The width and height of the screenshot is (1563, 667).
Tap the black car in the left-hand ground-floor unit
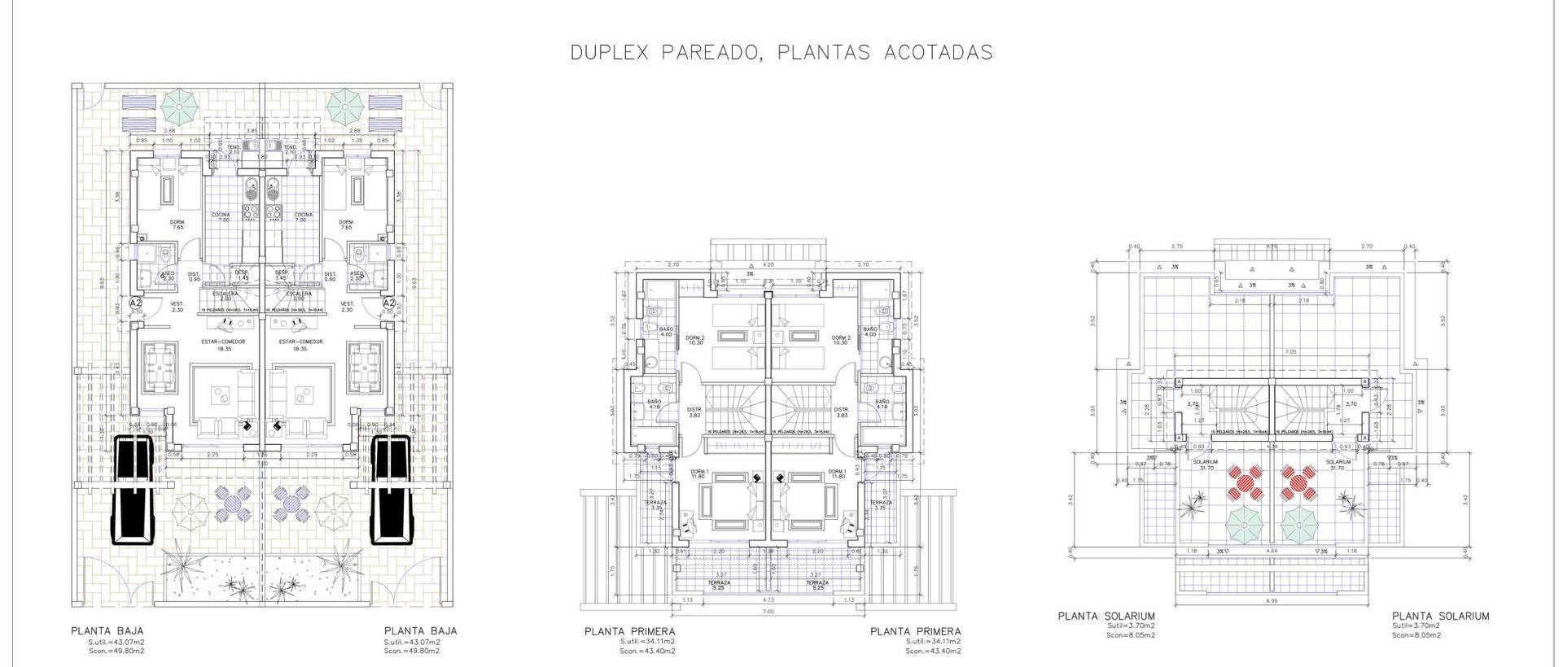click(x=133, y=489)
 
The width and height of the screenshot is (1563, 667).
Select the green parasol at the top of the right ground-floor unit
click(x=345, y=103)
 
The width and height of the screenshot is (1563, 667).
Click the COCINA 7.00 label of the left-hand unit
click(x=221, y=217)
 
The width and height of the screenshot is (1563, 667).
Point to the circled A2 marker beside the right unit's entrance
click(x=389, y=303)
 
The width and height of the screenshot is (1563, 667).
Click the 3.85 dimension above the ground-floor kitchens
click(x=252, y=131)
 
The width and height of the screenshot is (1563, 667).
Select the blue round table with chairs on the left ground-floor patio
click(x=234, y=504)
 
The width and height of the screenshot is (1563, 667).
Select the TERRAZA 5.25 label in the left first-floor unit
click(x=718, y=585)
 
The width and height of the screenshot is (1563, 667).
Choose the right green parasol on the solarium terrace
click(x=1299, y=525)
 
